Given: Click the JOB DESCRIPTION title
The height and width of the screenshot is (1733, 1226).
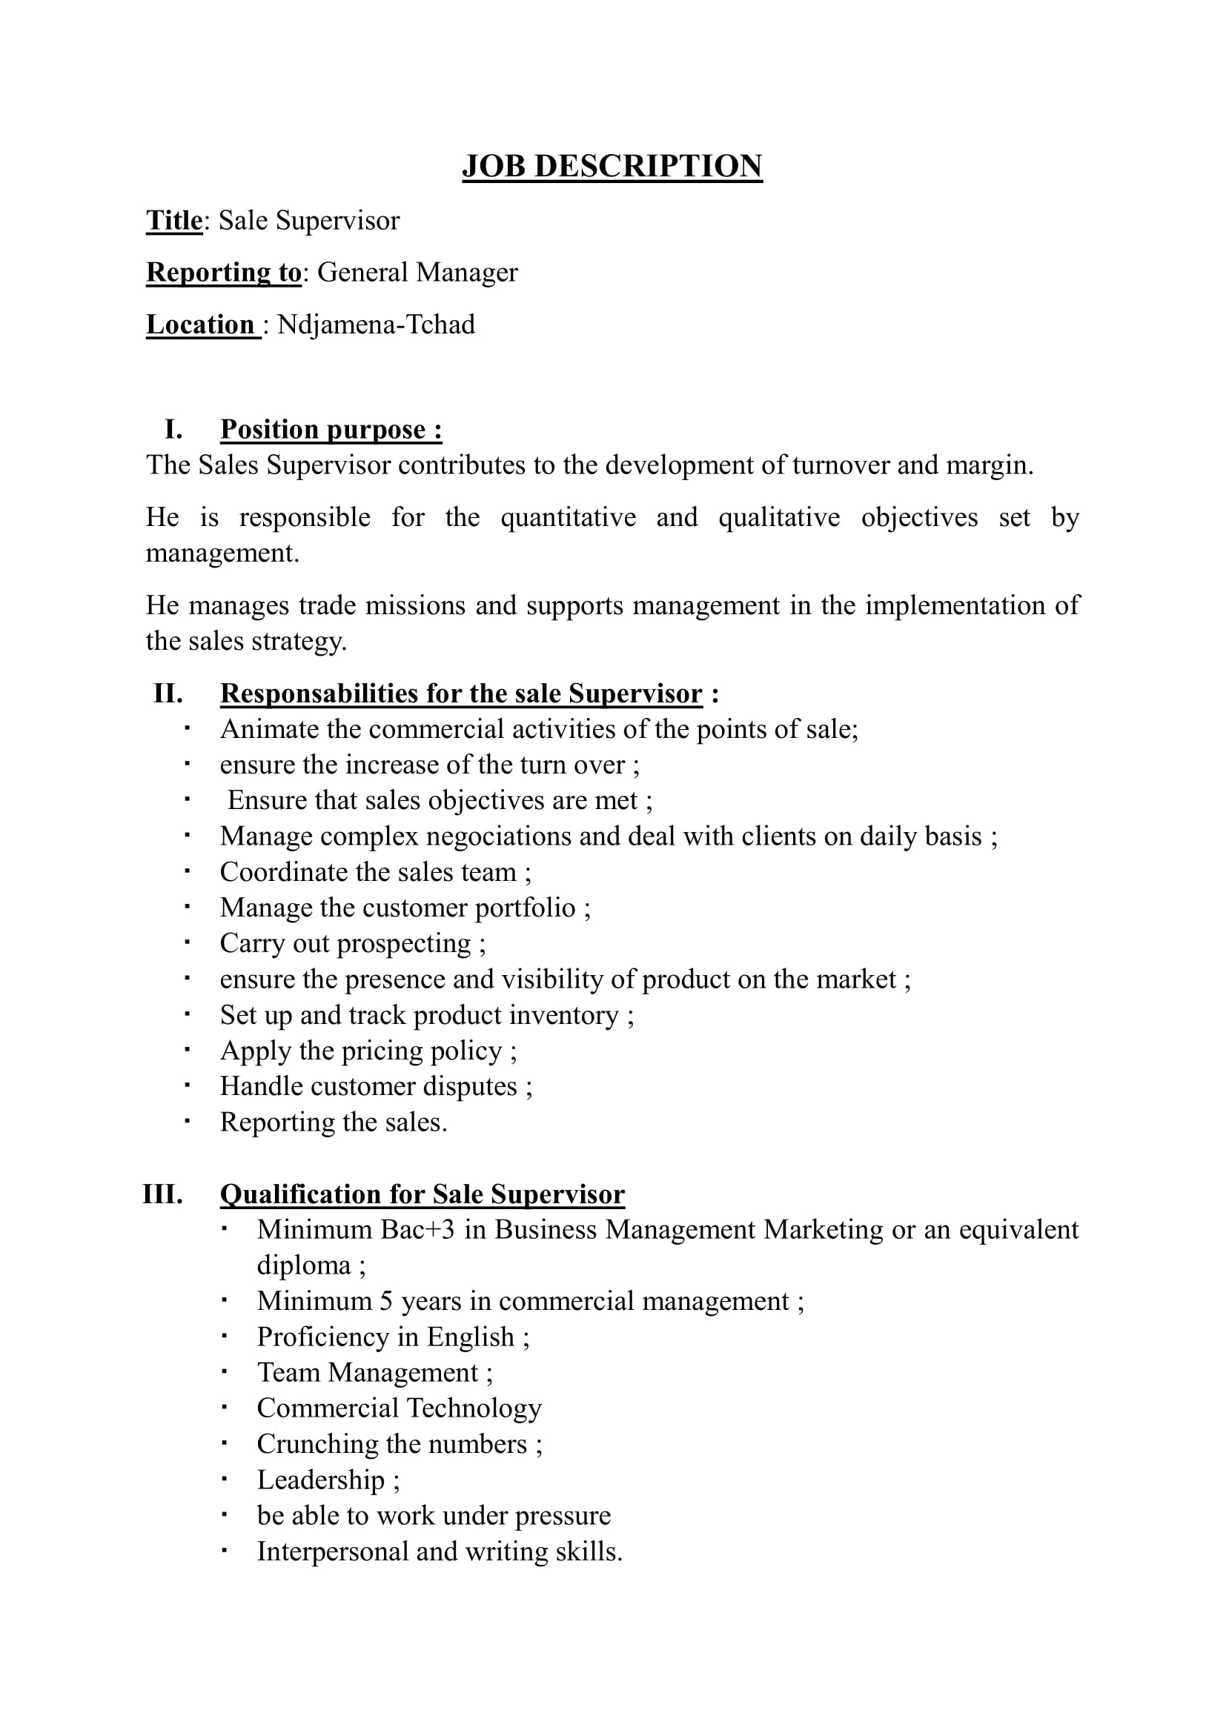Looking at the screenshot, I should point(612,166).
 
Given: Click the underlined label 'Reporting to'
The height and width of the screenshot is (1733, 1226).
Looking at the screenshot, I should point(223,273).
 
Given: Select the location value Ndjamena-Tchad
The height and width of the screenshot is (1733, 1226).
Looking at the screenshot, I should point(376,325).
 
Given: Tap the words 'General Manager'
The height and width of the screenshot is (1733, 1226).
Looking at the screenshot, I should point(417,273).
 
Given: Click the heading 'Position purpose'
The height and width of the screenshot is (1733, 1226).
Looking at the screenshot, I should point(330,430).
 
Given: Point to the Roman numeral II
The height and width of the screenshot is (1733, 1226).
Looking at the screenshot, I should point(168,693).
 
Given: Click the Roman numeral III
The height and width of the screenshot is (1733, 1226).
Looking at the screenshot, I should point(162,1194).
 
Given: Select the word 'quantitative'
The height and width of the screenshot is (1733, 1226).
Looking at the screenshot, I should point(568,518).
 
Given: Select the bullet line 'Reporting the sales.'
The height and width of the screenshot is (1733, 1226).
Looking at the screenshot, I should point(333,1122).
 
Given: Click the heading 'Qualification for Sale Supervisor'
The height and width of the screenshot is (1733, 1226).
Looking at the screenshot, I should point(422,1194).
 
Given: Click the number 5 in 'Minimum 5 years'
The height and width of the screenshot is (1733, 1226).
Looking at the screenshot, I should point(385,1301).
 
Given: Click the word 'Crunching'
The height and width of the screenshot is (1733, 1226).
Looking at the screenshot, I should point(317,1444).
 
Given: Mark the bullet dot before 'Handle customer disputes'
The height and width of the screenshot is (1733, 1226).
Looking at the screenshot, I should point(187,1085).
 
